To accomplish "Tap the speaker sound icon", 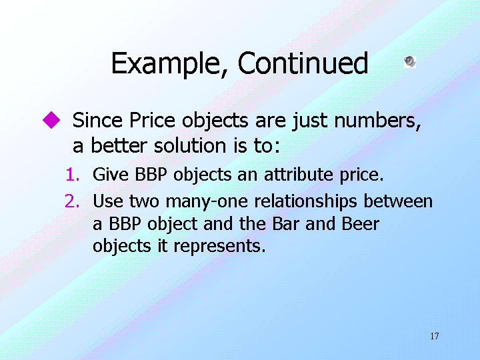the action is pos(410,61).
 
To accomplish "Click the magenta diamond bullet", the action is pos(51,120).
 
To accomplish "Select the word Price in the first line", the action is pos(152,120).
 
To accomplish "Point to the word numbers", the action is pos(378,121).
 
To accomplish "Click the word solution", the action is pos(190,145).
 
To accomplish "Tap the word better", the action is pos(119,145).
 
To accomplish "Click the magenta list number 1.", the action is pos(73,175).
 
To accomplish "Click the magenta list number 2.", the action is pos(72,201).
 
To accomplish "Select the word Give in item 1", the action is pos(111,174).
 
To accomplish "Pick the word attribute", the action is pos(298,174).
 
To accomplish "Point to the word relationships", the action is pos(305,202).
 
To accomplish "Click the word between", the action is pos(398,201).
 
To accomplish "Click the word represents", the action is pos(219,247).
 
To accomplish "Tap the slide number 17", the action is pos(435,336).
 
